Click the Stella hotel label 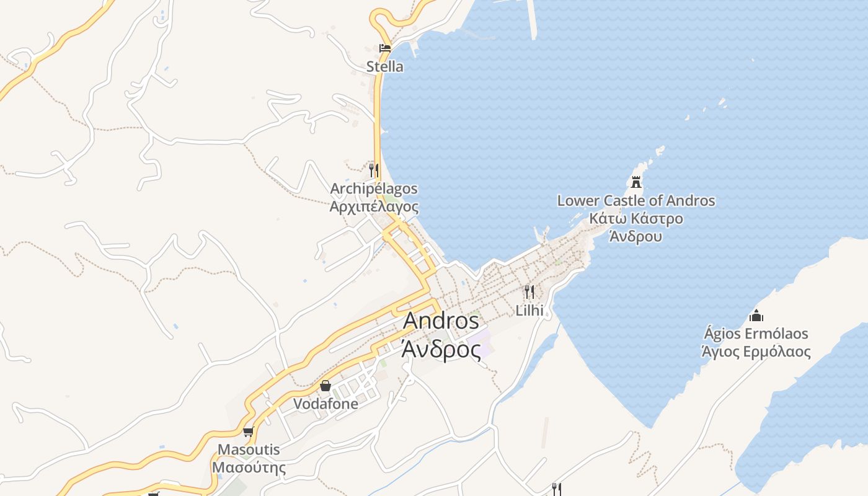point(384,66)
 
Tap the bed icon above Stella point(385,48)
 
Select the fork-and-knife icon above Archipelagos point(373,170)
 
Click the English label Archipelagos point(374,188)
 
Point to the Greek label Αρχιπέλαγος point(374,206)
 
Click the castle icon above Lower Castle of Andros point(635,182)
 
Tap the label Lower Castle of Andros point(635,201)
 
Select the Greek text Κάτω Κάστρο point(635,218)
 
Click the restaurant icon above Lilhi point(529,291)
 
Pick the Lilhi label point(529,310)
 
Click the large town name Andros point(441,321)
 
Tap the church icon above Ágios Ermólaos point(756,316)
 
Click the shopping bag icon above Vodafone point(325,386)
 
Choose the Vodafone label point(325,404)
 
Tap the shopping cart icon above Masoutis point(249,432)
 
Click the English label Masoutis point(249,449)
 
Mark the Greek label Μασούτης point(249,467)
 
